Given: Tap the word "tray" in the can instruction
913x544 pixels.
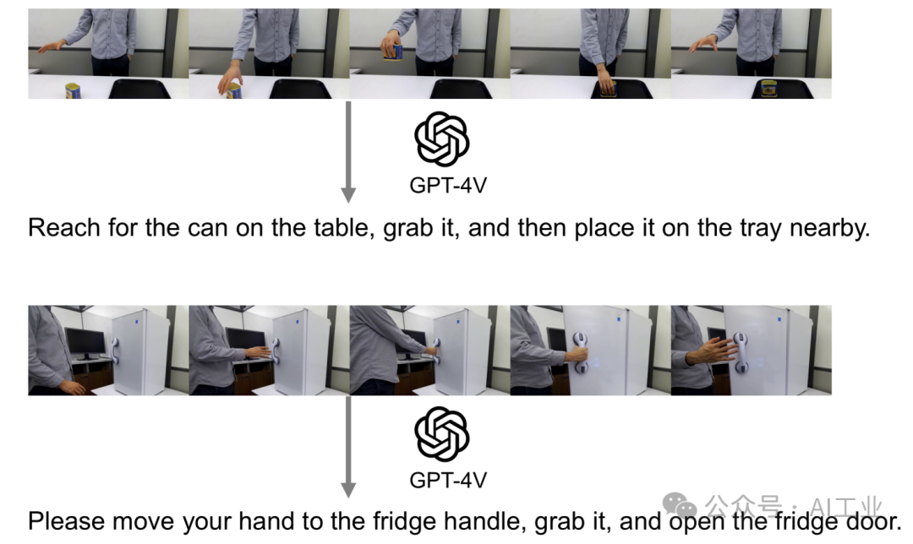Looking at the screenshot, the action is (761, 229).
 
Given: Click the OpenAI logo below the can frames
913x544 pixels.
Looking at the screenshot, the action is (442, 139).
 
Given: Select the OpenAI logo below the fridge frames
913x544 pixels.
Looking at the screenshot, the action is (442, 434).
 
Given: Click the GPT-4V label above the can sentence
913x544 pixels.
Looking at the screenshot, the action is (448, 186).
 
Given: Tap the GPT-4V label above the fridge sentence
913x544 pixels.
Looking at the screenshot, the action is (448, 481).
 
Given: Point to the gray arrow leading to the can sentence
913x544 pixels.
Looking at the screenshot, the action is (348, 152).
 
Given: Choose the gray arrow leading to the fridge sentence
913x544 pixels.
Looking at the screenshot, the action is (348, 447).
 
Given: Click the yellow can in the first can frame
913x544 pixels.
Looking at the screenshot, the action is (73, 90).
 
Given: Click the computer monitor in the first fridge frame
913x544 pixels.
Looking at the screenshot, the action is (85, 342).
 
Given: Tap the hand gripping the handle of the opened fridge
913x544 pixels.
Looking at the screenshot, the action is (577, 353).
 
